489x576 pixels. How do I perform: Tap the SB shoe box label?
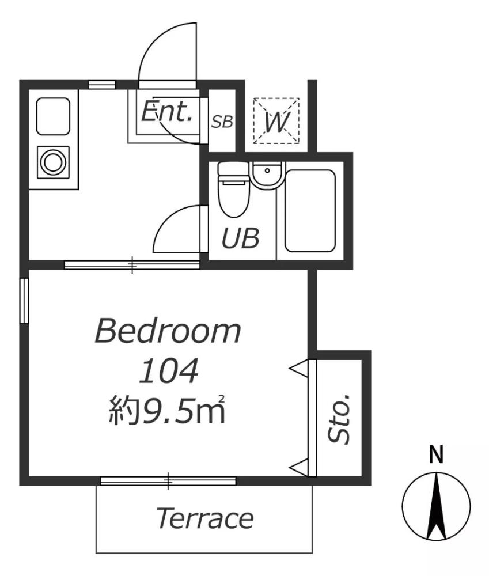(x=222, y=122)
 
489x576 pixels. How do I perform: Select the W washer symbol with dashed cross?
(x=276, y=120)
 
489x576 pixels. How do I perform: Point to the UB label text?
(x=240, y=238)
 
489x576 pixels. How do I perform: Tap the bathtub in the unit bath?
(x=310, y=211)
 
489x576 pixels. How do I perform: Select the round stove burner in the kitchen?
(x=54, y=162)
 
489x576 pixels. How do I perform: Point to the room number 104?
(x=169, y=371)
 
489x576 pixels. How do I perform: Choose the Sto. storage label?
(x=340, y=419)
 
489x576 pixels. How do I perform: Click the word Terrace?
(x=204, y=518)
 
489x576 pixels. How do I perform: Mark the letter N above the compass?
(x=437, y=456)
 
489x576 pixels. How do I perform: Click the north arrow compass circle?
(x=436, y=505)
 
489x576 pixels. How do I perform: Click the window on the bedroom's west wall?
(x=24, y=301)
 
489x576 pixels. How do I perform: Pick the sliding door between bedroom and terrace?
(x=168, y=480)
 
